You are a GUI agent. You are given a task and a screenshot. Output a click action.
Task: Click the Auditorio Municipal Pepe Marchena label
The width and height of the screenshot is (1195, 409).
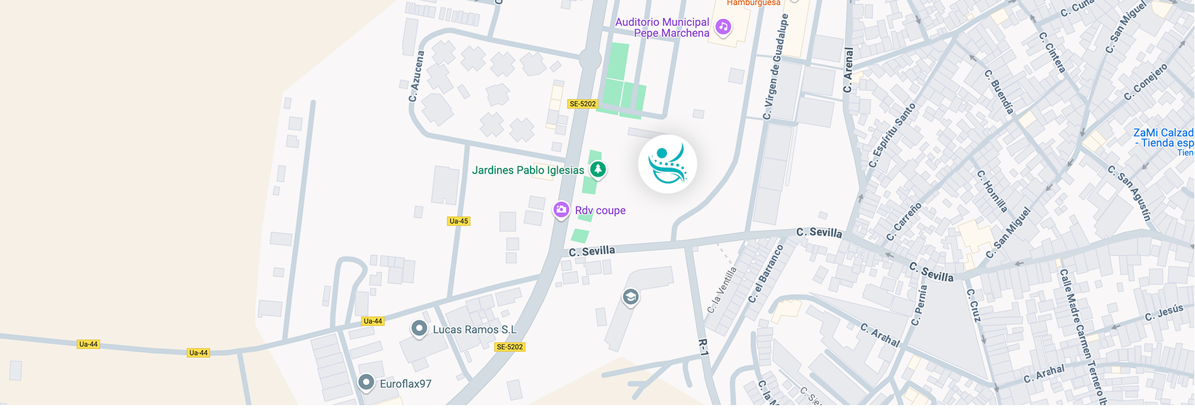click(662, 28)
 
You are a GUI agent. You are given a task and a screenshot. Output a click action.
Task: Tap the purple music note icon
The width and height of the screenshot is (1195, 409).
click(723, 27)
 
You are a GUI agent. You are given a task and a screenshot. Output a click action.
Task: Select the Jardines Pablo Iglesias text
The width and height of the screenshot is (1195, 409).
click(528, 170)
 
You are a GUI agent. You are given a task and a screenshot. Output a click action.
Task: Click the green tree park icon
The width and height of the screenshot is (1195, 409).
click(598, 170)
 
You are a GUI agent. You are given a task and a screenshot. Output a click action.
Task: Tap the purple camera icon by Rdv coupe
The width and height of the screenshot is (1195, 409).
click(561, 210)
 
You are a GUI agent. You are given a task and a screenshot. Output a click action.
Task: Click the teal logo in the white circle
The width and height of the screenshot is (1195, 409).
click(668, 164)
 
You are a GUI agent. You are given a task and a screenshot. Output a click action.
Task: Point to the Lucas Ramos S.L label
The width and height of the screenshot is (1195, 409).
click(474, 329)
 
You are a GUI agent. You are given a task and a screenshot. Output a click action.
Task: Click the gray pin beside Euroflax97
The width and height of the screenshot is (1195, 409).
click(366, 382)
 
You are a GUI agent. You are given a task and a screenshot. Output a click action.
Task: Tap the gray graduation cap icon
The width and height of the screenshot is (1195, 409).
click(631, 297)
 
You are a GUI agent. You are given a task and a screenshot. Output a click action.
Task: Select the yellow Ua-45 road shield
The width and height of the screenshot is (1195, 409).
click(458, 221)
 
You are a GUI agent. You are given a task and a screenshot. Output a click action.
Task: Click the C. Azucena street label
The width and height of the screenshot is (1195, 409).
click(416, 76)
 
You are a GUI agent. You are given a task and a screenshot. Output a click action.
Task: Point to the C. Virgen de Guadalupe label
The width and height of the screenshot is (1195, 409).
click(776, 67)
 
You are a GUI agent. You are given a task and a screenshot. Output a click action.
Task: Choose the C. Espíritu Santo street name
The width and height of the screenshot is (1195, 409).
click(892, 135)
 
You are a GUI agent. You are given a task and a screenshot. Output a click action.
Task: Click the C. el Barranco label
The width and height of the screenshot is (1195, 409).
click(765, 274)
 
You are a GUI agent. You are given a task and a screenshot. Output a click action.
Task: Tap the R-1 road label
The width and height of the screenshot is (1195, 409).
click(704, 347)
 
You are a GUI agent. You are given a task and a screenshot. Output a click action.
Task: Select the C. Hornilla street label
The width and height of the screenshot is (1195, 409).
click(992, 191)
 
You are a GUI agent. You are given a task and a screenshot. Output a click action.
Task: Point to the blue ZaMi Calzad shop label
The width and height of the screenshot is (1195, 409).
click(1163, 138)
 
